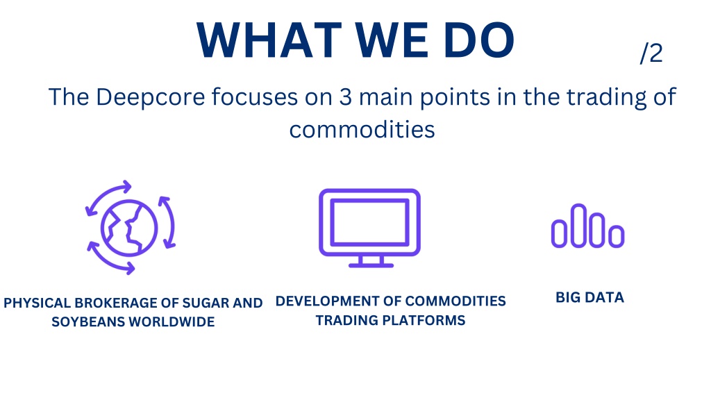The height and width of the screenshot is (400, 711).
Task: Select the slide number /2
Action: [651, 53]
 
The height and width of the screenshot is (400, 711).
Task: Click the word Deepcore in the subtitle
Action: [151, 98]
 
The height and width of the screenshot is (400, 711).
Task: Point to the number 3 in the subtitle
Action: [346, 97]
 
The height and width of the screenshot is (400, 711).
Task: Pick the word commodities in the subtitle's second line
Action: [362, 130]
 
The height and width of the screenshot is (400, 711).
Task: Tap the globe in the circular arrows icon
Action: [129, 228]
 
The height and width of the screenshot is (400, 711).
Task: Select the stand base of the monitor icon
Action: [371, 265]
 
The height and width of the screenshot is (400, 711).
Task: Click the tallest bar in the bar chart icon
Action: [578, 226]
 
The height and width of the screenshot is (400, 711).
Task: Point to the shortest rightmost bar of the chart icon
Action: [617, 236]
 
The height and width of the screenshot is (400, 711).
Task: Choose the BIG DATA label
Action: [590, 297]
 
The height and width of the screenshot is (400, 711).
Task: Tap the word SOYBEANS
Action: [88, 322]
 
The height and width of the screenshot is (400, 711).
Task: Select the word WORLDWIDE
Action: [172, 322]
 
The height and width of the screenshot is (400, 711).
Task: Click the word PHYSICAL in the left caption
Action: [37, 303]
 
